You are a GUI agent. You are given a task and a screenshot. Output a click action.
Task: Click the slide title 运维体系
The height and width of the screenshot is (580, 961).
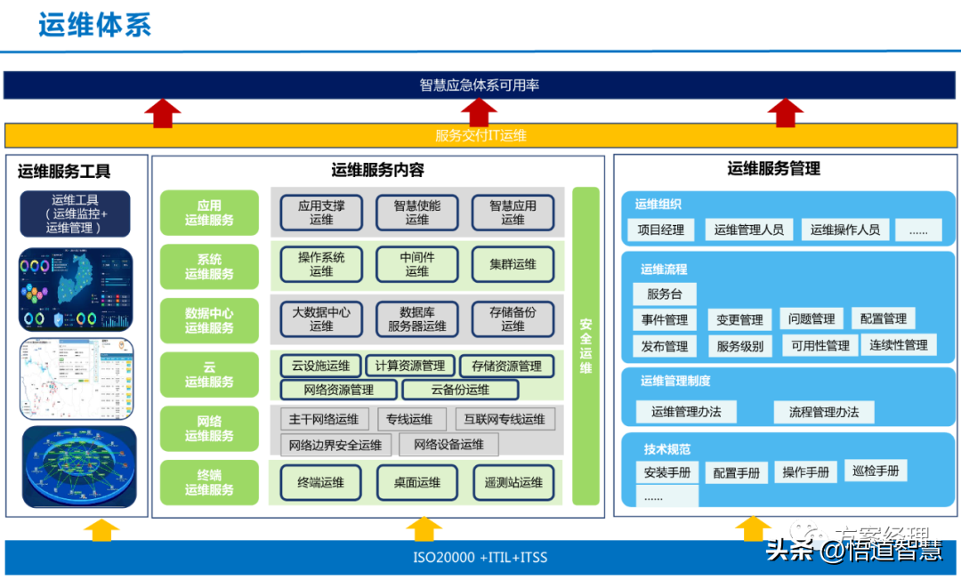[x=94, y=25]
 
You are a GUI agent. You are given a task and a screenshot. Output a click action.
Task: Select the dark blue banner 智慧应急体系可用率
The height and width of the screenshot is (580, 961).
[x=480, y=85]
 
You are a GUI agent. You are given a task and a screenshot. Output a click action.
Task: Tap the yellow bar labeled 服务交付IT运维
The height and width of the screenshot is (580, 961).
[x=480, y=135]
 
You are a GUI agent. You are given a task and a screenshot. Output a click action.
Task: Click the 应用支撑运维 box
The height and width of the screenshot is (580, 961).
[x=321, y=213]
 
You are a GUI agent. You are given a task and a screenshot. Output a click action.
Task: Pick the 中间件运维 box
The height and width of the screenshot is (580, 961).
[x=416, y=264]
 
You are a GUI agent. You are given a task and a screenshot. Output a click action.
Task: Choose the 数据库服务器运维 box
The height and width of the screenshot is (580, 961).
[x=416, y=319]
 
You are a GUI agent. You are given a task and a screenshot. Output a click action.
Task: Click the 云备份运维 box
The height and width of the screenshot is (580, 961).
[x=460, y=390]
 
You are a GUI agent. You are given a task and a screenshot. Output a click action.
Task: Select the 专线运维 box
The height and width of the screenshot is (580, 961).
[x=410, y=420]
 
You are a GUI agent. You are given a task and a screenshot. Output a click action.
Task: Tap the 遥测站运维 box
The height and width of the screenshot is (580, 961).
[x=513, y=482]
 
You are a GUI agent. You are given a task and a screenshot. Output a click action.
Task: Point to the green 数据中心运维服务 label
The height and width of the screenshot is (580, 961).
[x=209, y=320]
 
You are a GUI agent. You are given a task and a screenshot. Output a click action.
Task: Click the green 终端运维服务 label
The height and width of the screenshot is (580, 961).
[x=209, y=482]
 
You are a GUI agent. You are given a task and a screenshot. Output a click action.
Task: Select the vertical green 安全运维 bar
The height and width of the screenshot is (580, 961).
[x=585, y=346]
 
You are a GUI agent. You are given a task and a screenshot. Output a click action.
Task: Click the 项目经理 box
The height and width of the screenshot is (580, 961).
[x=661, y=230]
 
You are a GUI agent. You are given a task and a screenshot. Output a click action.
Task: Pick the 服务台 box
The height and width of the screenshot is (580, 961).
[x=665, y=294]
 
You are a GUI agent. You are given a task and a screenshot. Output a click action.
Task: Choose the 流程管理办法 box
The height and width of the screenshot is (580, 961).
[x=823, y=412]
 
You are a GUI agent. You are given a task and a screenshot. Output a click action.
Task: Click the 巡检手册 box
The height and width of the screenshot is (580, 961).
[x=876, y=471]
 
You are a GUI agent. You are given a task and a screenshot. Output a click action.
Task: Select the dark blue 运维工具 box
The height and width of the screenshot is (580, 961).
[x=75, y=213]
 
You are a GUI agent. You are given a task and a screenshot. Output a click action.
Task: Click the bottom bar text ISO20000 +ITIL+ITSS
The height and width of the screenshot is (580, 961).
[x=480, y=558]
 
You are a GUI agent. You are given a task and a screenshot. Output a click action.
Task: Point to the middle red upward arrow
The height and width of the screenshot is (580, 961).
[x=480, y=111]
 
